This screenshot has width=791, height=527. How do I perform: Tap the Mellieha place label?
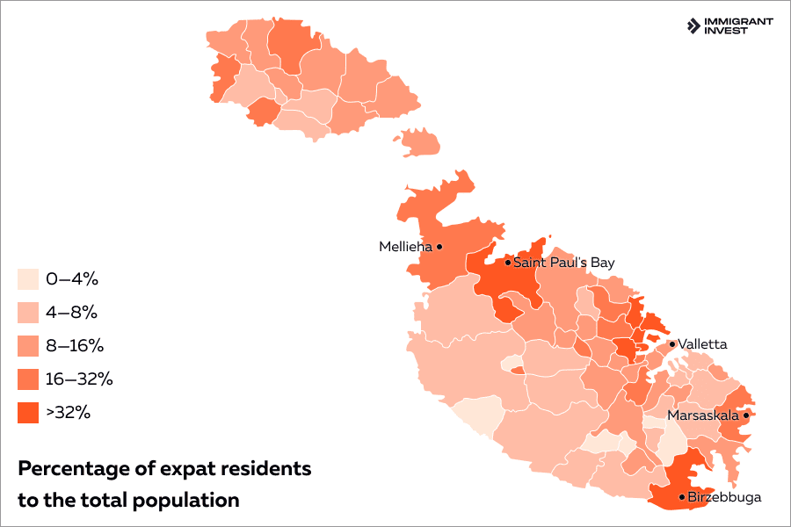pos(405,247)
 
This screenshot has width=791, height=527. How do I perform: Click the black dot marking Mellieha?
pos(439,247)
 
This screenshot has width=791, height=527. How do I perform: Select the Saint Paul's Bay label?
pos(563,263)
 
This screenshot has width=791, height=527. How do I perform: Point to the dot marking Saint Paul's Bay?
pos(508,262)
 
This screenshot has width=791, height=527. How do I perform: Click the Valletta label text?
pos(703,344)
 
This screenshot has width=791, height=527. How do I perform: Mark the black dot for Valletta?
pos(672,344)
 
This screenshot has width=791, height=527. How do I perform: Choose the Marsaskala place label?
pos(703,415)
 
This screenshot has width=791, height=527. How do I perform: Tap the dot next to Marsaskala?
pos(745,415)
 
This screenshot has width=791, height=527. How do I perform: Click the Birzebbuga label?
pos(724,497)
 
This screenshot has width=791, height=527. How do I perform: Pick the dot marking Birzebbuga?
pos(682,497)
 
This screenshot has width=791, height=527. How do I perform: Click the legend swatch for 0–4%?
pos(28,279)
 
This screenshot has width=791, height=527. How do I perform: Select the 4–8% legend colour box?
pos(28,313)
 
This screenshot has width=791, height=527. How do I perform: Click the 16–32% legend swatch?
pos(28,379)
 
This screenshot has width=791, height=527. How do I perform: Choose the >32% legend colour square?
pos(28,412)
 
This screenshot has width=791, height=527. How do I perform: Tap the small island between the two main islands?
pos(419,142)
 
